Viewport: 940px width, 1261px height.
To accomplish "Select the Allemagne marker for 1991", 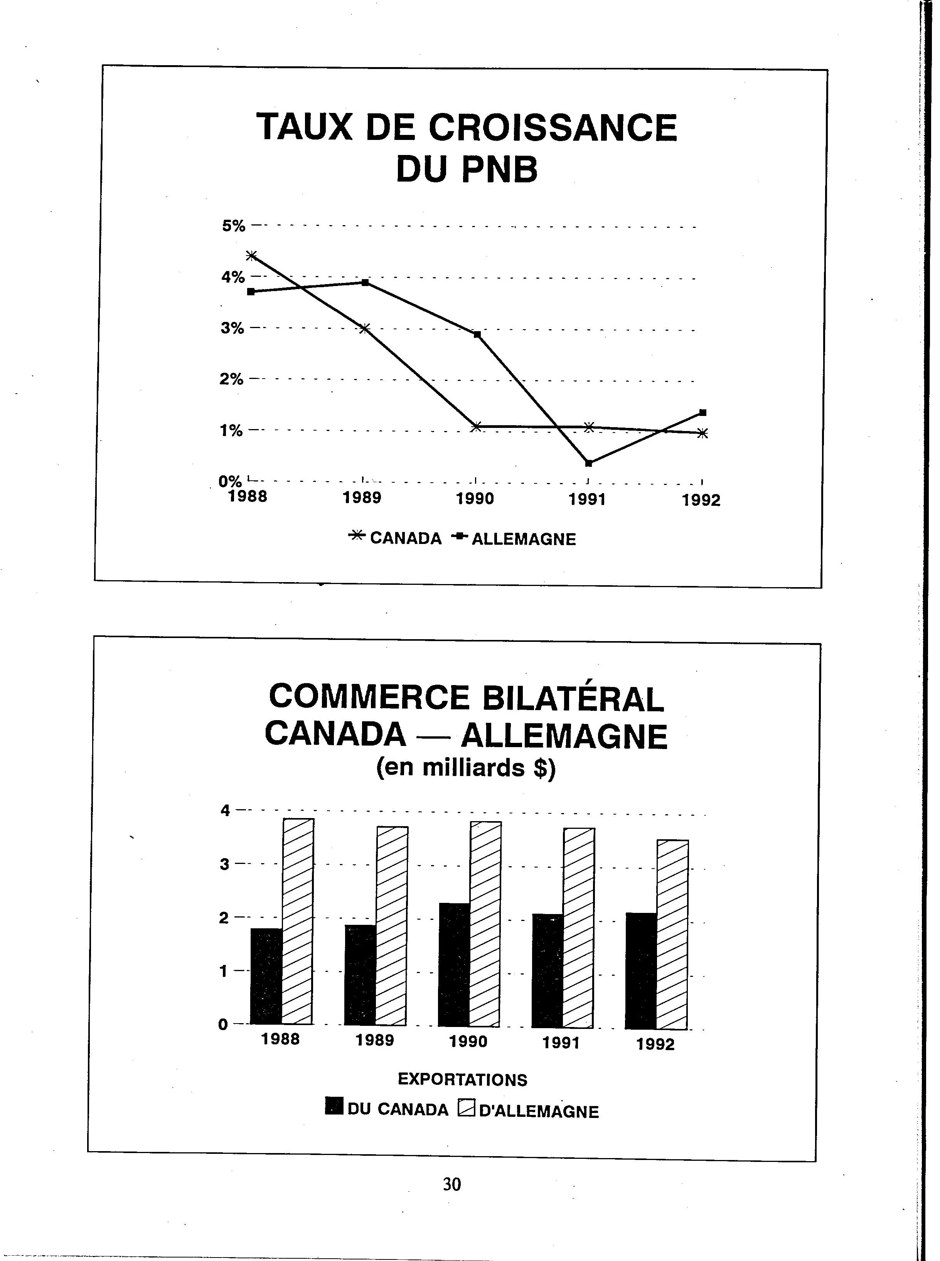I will [588, 463].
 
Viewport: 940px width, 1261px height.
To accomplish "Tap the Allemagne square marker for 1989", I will [365, 283].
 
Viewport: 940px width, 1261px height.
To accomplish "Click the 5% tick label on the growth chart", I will [233, 226].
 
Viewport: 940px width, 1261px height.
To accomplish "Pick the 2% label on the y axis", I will [232, 379].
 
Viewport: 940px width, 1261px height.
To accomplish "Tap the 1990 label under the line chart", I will [475, 499].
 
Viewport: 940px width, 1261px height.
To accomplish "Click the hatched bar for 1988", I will [298, 921].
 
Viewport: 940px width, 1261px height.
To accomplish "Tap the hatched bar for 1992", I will [672, 934].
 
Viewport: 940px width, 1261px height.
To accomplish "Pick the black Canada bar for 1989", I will [360, 974].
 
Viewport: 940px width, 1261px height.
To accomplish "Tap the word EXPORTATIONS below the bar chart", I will [462, 1079].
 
